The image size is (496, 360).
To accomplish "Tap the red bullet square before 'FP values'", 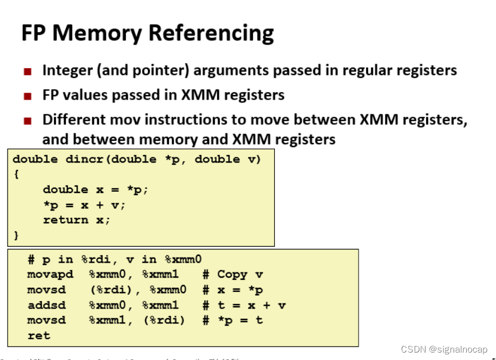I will click(27, 96).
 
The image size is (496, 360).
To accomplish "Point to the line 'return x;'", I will click(77, 220).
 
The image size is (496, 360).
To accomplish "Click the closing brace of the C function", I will click(16, 235).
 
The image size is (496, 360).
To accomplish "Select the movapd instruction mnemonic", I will click(50, 275).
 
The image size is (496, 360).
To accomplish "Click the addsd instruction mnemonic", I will click(46, 305).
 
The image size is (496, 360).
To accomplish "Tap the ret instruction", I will click(39, 335).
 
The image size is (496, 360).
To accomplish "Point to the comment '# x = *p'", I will click(232, 290).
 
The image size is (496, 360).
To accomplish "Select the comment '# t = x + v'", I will click(243, 305).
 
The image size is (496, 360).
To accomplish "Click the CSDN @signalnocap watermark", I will click(444, 349).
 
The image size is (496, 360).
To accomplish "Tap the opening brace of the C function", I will click(16, 174).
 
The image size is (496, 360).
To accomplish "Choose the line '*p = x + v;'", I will click(84, 204).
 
